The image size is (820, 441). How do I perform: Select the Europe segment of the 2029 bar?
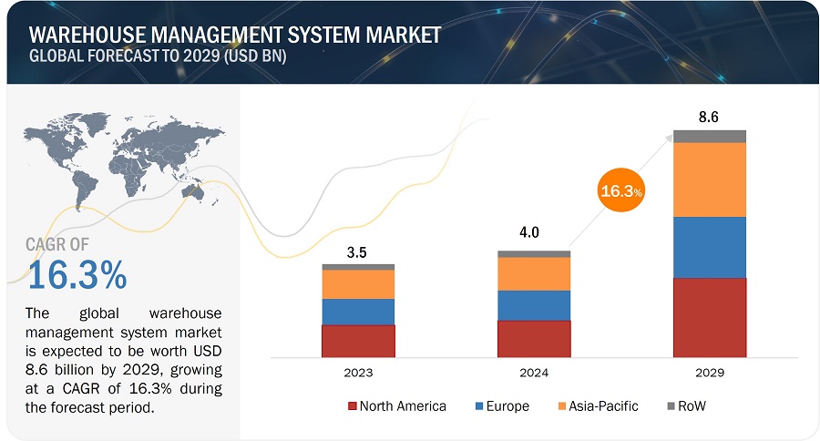(x=710, y=247)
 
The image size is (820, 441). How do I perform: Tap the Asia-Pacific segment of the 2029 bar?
(x=710, y=179)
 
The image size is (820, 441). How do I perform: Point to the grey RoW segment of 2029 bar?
(x=710, y=136)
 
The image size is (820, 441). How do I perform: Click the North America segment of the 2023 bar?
(x=358, y=341)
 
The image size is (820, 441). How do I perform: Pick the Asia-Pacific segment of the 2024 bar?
(x=534, y=273)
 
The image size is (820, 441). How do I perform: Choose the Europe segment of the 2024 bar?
(x=534, y=305)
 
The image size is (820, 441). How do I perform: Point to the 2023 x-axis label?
(x=358, y=373)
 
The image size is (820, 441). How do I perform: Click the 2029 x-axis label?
(x=710, y=373)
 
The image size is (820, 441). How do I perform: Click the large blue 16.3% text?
(x=77, y=274)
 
